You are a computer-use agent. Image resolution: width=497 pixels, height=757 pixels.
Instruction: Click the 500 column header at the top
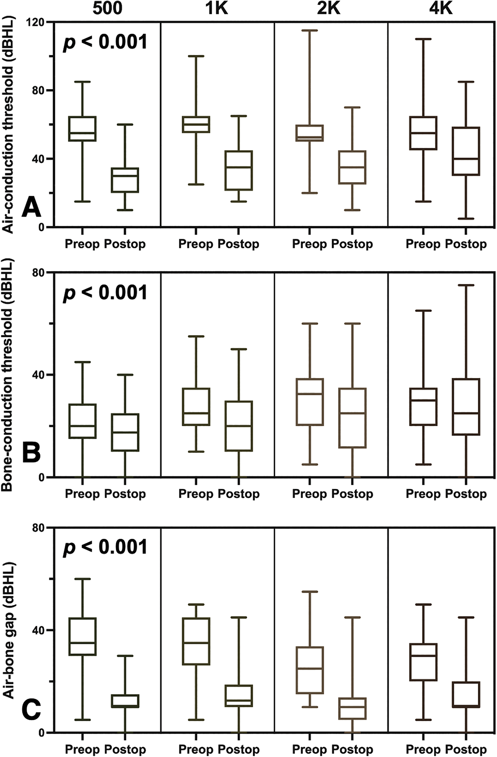click(107, 9)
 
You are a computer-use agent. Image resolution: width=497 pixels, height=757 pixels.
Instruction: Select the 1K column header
click(217, 9)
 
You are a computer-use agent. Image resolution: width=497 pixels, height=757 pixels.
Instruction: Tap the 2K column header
click(329, 9)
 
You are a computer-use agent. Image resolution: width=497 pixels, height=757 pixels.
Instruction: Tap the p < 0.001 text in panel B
click(105, 293)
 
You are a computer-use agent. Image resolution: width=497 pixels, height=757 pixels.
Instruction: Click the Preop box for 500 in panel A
click(82, 129)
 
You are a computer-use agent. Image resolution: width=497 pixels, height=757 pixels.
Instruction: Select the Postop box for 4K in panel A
click(466, 151)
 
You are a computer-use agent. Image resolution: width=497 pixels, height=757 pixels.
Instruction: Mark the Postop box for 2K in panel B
click(352, 418)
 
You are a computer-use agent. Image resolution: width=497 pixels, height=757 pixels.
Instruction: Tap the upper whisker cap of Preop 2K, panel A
click(309, 30)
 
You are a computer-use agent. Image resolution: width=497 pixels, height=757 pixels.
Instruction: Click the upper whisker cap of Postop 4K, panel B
click(466, 285)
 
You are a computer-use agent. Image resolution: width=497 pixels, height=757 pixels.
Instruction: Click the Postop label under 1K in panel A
click(238, 244)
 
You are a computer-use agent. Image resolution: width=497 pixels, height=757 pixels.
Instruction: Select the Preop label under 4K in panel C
click(423, 749)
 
